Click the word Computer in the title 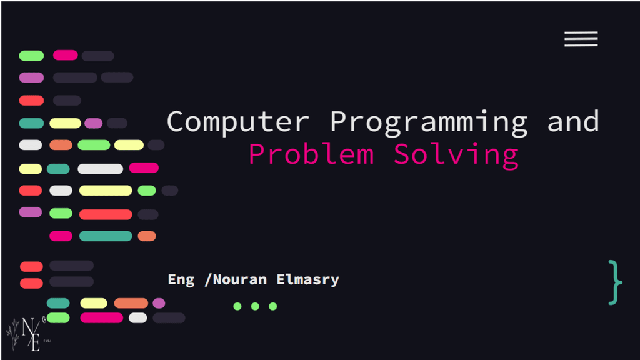238,121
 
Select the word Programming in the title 429,123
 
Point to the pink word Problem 311,154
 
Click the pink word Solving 456,156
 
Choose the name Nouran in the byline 239,279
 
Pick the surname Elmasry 307,280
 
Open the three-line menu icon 581,39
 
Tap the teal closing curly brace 615,282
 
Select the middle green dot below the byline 255,306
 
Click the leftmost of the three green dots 237,306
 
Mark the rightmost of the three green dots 273,306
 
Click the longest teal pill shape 106,236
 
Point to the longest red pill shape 106,214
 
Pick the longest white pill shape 101,169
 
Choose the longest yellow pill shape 106,190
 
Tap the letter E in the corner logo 36,343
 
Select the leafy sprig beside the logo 13,334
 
